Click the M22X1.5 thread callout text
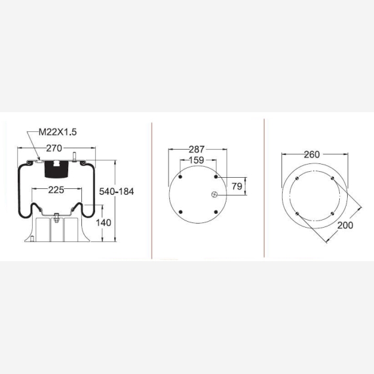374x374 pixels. coord(58,132)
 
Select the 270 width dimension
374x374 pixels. coord(54,148)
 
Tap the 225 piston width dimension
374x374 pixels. coord(56,190)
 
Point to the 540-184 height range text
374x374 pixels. coord(116,192)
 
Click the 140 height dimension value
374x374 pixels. coord(104,223)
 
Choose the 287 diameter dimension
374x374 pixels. coord(197,150)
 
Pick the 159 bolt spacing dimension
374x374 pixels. coord(197,160)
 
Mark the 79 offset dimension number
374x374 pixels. coord(237,186)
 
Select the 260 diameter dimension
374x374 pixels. coord(312,155)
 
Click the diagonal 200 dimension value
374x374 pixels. coord(345,225)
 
